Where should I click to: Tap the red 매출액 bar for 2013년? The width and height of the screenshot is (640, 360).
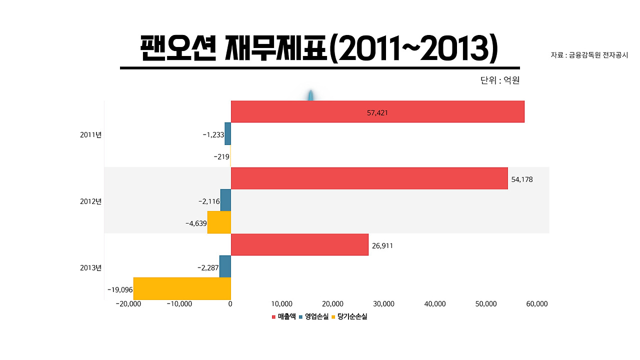pos(299,244)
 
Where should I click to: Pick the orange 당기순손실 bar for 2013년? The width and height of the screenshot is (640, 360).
pos(182,288)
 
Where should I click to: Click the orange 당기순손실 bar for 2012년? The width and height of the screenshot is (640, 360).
pos(219,222)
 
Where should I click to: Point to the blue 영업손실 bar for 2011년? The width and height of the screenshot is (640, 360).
pos(227,134)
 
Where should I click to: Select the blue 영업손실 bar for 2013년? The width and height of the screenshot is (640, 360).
pos(225,266)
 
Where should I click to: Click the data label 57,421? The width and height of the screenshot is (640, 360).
pos(377,113)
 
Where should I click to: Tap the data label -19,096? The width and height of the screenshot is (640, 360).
pos(119,289)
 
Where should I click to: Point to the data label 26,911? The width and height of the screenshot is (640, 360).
pos(382,246)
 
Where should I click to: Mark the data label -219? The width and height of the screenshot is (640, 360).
pos(221,156)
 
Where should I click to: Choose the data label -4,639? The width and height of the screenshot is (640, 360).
pos(196,223)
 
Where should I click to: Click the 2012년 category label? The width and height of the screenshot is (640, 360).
pos(90,201)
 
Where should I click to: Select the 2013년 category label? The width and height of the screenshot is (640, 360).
pos(90,268)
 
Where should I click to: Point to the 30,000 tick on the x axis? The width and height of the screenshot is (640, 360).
pos(383,304)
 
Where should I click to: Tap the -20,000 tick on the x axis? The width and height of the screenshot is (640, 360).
pos(128,304)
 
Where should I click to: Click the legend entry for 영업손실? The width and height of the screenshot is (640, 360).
pos(316,316)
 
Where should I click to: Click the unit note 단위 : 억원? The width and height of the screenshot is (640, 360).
pos(500,80)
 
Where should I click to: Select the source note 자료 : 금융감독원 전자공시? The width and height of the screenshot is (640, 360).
pos(589,55)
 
